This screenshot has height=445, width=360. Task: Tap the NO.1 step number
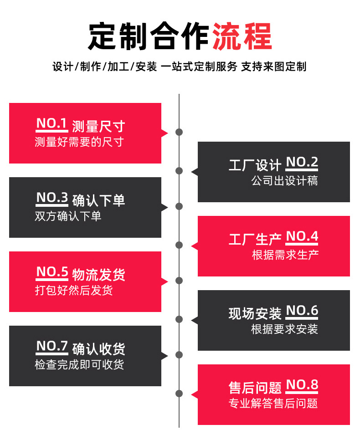(51, 123)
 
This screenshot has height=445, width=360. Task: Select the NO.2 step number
(302, 163)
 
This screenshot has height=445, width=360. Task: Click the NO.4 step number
(302, 237)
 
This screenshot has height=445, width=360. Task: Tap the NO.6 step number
(302, 311)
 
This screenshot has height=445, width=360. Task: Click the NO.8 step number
(302, 385)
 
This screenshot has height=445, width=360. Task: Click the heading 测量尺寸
(98, 126)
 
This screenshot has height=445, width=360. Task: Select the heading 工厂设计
(255, 165)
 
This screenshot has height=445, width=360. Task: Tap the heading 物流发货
(98, 275)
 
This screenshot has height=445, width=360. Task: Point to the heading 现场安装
(255, 313)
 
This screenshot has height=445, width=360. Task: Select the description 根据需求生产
(285, 255)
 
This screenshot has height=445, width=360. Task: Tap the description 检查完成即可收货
(79, 365)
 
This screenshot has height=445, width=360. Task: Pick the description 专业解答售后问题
(273, 404)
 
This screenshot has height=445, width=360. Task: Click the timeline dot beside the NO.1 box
(179, 133)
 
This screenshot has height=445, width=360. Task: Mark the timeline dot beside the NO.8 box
(179, 394)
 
